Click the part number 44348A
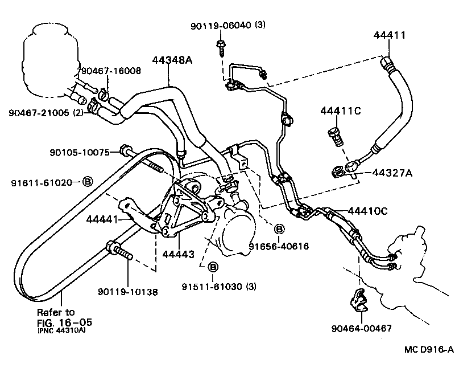pos(171,60)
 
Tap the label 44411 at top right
pos(390,35)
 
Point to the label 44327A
pos(392,173)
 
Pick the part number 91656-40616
pos(279,246)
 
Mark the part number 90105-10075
pos(80,152)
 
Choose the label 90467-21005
pos(39,112)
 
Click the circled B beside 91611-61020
pos(88,182)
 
